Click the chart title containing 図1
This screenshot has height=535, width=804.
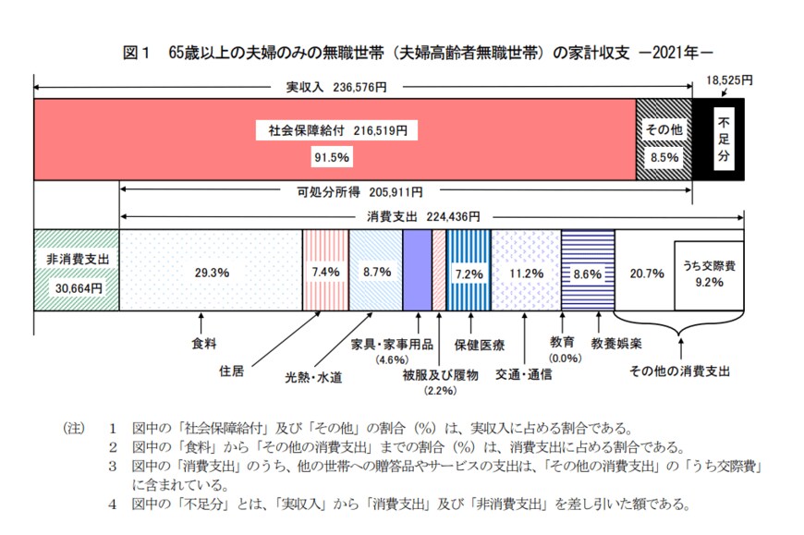tap(420, 54)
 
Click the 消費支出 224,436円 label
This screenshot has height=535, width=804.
tap(418, 216)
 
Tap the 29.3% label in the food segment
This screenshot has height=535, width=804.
tap(211, 273)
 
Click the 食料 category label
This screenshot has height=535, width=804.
tap(204, 344)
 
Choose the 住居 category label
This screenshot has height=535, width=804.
tap(232, 371)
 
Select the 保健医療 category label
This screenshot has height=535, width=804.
tap(479, 346)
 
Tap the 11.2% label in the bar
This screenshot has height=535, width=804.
tap(526, 274)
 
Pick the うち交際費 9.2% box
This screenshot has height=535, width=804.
tap(709, 273)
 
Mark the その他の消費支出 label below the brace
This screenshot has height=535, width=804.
tap(679, 371)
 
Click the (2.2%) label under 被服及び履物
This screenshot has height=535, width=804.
tap(440, 392)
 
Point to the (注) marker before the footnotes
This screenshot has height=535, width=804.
tap(73, 429)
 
